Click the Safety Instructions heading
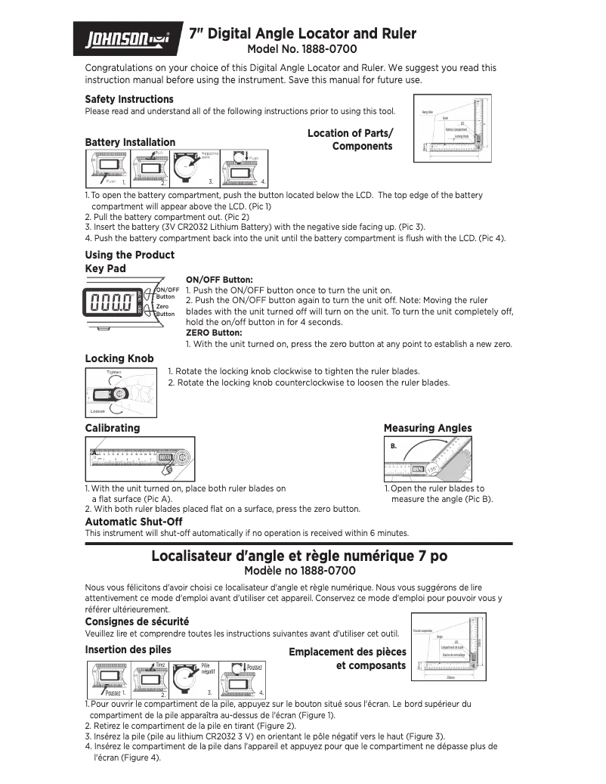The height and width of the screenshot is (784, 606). [x=129, y=99]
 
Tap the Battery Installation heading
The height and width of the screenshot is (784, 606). [x=130, y=142]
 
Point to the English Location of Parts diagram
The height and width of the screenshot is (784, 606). [x=453, y=128]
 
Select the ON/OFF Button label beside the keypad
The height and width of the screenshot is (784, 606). [x=167, y=293]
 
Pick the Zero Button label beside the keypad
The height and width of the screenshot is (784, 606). [x=165, y=309]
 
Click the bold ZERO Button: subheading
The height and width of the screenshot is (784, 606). [x=214, y=333]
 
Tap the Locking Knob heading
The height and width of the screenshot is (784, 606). [x=119, y=358]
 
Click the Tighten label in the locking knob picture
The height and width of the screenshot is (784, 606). [x=113, y=373]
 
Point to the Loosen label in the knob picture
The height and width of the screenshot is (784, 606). [x=97, y=411]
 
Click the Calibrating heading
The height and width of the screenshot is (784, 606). [x=113, y=428]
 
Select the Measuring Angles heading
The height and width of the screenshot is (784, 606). [x=428, y=428]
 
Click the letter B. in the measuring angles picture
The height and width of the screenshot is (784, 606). [x=394, y=447]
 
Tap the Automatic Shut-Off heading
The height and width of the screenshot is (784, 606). [x=134, y=522]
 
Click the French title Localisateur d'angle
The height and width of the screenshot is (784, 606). [x=299, y=556]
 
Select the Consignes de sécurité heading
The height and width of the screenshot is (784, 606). [x=137, y=621]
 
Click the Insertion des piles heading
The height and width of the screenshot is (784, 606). [x=128, y=649]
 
